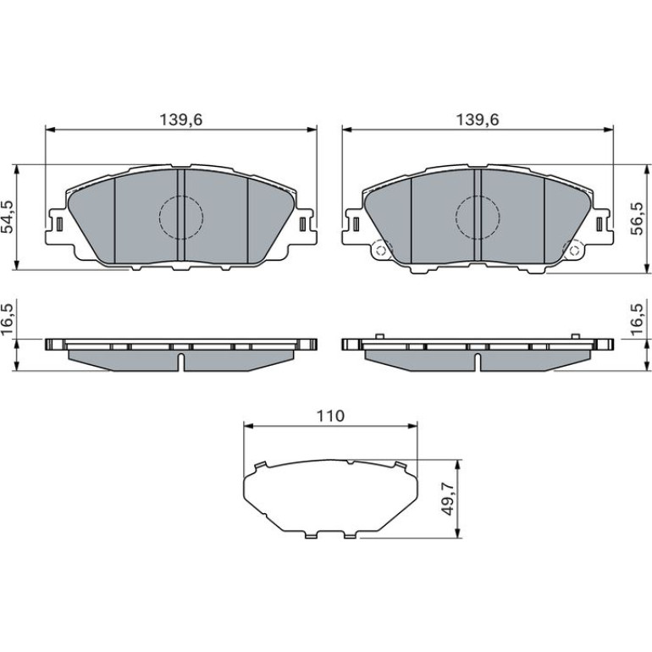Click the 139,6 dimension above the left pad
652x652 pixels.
click(x=181, y=119)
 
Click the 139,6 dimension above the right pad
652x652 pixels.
click(x=478, y=119)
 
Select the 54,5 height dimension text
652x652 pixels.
click(x=8, y=216)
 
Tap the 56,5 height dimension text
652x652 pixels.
click(x=638, y=218)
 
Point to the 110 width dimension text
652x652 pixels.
click(x=330, y=416)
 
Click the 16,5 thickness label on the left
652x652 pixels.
click(x=8, y=320)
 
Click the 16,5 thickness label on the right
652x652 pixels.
click(x=638, y=320)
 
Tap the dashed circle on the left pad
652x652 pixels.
click(x=181, y=217)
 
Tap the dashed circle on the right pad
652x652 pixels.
click(x=478, y=217)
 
